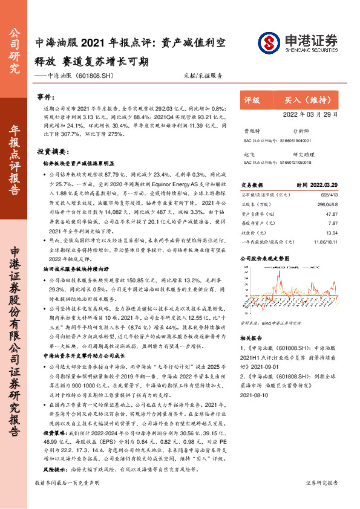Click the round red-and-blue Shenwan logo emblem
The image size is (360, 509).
click(269, 42)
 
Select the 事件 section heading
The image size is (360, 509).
click(45, 97)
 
